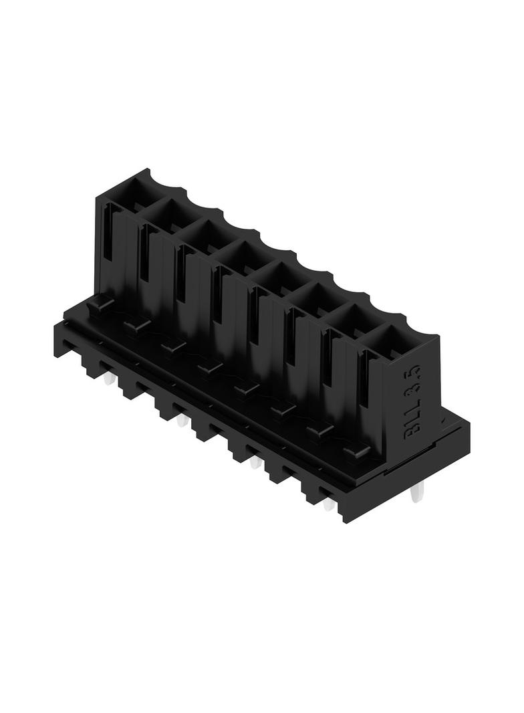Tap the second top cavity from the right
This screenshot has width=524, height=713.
[350, 318]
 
